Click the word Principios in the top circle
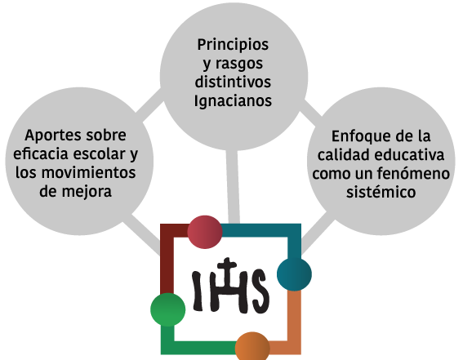tap(233, 45)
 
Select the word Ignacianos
tap(233, 100)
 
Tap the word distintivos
tap(233, 82)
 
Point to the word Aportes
tap(53, 136)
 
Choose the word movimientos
tap(88, 172)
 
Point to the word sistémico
tap(381, 192)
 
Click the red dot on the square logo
tap(205, 232)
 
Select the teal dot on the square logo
tap(294, 274)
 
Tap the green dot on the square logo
tap(168, 309)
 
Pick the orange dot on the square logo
tap(252, 347)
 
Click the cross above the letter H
tap(227, 266)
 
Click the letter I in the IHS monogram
tap(198, 291)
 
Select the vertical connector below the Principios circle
tap(233, 187)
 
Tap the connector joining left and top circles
tap(149, 104)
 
